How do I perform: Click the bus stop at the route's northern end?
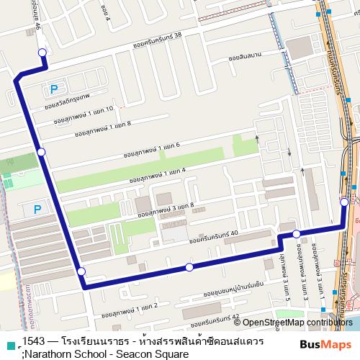tap(42, 52)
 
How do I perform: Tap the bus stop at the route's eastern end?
tap(344, 202)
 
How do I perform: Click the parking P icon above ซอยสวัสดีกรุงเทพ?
tap(53, 89)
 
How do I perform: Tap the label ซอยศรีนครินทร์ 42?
tap(210, 316)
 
